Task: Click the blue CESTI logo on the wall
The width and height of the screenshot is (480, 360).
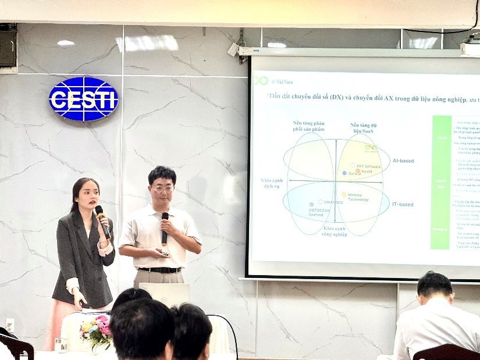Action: point(84,99)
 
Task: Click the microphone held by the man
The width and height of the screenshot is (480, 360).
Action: point(165,227)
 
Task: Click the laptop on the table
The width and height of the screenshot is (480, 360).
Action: point(164,294)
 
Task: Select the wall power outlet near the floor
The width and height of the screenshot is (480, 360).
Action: point(9,325)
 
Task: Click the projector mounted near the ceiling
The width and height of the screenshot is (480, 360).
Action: point(470,47)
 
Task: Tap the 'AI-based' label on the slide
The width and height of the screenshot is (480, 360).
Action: point(403,161)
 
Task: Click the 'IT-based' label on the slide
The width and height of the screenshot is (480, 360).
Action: point(403,204)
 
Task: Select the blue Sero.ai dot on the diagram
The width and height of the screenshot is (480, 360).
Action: point(344,173)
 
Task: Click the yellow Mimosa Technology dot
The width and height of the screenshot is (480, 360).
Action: point(344,195)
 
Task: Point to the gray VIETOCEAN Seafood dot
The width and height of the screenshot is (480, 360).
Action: point(311,205)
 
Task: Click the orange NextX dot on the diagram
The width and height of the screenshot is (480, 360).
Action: point(358,171)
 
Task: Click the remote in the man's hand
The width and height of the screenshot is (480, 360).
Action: point(164,254)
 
